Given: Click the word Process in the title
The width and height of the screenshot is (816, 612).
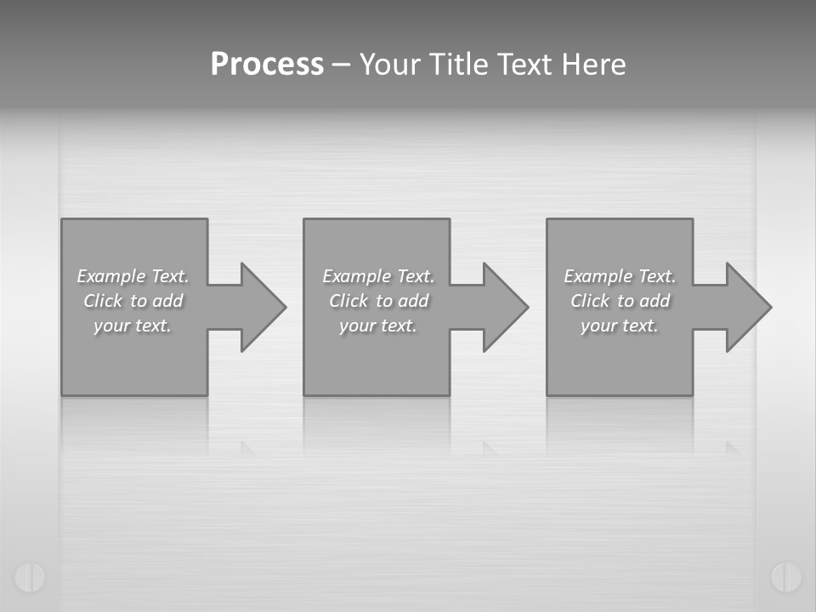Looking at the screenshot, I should [267, 65].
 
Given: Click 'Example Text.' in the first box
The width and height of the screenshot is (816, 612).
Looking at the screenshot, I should [133, 276].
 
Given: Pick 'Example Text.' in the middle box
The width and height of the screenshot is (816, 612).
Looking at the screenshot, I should [378, 276].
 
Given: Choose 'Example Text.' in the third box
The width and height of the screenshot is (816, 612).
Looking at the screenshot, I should [620, 276].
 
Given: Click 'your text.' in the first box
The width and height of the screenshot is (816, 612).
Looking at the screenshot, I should [133, 326].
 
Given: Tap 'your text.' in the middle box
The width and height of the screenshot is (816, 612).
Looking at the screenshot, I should [378, 326].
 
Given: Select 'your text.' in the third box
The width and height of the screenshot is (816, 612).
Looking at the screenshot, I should [620, 326].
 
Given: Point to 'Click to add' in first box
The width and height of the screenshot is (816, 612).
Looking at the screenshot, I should [133, 301].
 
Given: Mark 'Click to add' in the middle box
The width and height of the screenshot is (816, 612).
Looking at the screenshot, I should [378, 301].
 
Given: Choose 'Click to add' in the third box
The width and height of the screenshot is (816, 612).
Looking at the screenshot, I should [620, 301].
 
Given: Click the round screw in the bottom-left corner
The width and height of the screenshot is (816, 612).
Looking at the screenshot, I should [30, 577].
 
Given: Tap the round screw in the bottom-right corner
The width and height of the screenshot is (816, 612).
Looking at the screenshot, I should [786, 577].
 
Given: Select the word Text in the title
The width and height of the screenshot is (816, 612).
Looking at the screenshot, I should [524, 65].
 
